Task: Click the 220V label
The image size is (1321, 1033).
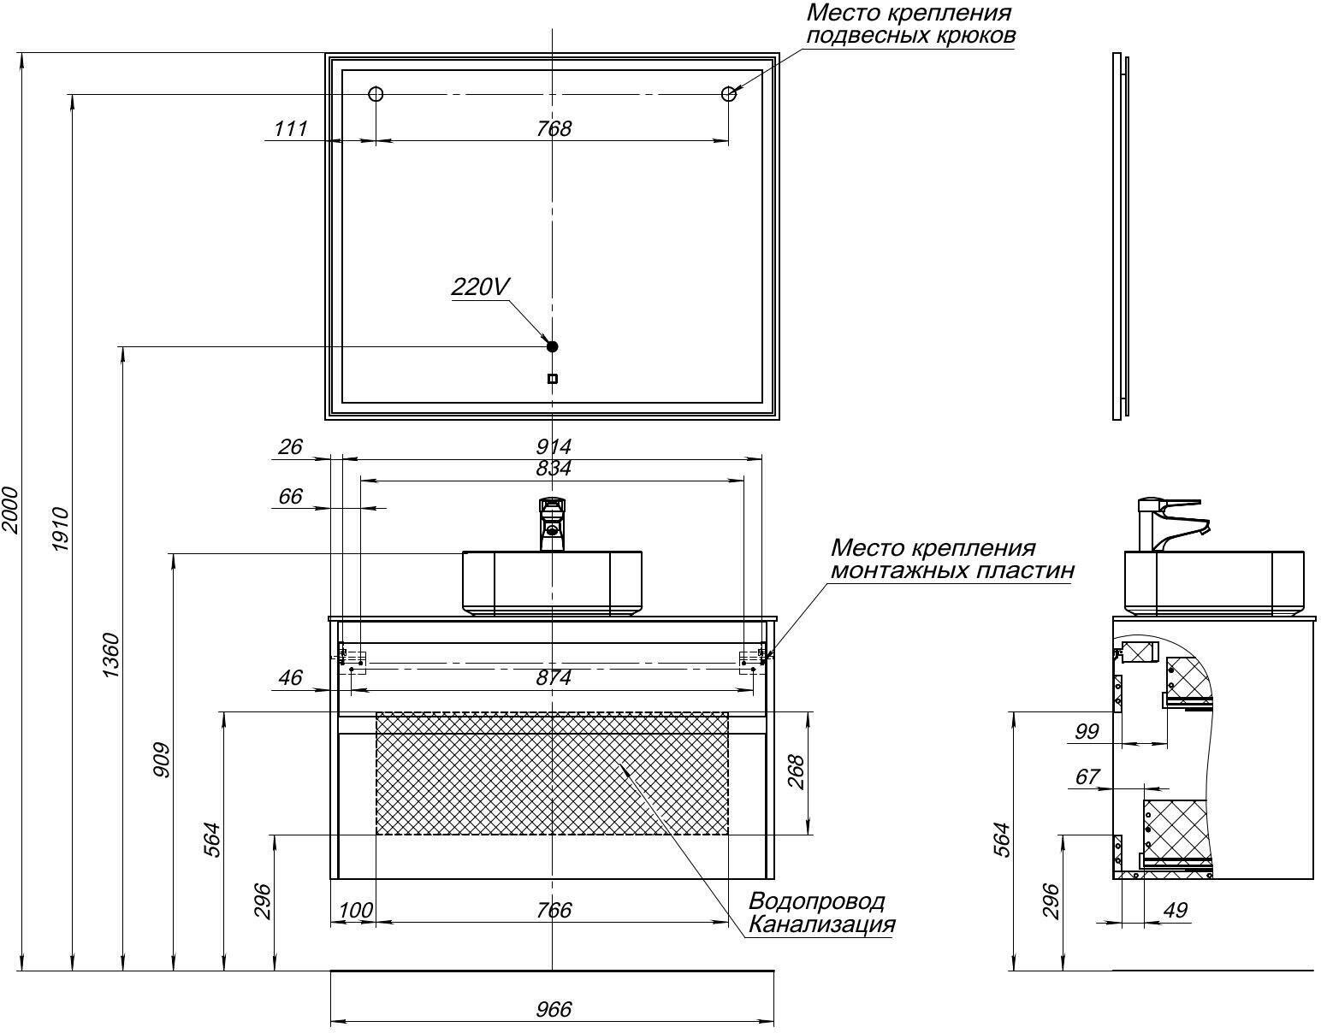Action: coord(480,286)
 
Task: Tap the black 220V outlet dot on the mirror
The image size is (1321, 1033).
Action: coord(552,346)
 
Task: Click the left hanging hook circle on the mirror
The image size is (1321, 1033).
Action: coord(375,94)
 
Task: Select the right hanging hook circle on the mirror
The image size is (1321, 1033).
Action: coord(729,94)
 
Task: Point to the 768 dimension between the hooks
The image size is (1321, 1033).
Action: coord(554,128)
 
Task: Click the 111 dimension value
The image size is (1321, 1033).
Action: coord(290,128)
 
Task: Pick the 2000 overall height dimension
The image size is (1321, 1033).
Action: coord(10,510)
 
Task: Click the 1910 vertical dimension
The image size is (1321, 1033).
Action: coord(62,530)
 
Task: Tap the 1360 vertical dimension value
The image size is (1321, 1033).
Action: coord(112,656)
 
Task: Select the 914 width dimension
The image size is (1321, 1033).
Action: coord(553,446)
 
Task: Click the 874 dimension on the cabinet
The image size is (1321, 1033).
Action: coord(554,678)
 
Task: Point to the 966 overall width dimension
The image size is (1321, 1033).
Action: coord(554,1009)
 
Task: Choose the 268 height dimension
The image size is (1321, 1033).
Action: coord(796,772)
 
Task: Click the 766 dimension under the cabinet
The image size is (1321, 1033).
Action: coord(554,910)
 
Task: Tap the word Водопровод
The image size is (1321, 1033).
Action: coord(816,901)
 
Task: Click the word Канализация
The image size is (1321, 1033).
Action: coord(821,924)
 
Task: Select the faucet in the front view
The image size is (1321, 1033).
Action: coord(553,523)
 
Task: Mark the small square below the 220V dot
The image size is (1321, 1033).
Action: coord(552,378)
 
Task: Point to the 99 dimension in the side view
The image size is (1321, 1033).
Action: coord(1087,731)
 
